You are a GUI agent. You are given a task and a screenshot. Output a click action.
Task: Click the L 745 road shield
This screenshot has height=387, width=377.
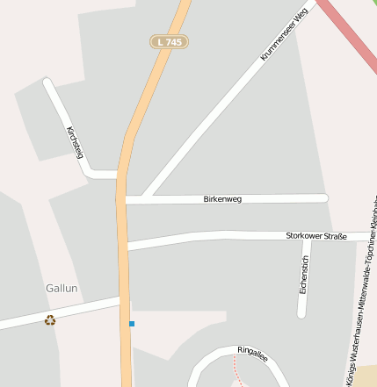[170, 41]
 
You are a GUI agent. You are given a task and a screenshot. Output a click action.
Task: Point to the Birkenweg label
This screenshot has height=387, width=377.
[221, 199]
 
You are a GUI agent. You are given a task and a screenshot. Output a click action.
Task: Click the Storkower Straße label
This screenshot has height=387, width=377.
[316, 236]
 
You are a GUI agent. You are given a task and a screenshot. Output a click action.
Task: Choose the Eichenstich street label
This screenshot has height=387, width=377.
[304, 274]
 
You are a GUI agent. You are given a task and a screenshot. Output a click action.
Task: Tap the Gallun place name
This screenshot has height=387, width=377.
[62, 288]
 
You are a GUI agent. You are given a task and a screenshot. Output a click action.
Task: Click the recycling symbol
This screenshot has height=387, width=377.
[50, 320]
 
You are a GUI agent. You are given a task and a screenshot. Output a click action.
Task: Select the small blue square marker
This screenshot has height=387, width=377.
[132, 324]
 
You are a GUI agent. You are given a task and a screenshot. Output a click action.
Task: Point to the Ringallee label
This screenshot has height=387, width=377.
[252, 352]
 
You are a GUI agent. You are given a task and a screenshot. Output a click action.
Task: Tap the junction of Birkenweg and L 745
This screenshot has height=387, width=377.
[124, 200]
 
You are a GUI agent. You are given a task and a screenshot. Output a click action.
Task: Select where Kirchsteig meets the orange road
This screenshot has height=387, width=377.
[119, 175]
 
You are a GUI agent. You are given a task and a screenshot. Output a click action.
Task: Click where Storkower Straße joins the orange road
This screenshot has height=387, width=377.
[125, 245]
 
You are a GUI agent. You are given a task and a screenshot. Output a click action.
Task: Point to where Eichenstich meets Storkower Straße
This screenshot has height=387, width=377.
[305, 237]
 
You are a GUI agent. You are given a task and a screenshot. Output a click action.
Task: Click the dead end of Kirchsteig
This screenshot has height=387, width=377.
[47, 83]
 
